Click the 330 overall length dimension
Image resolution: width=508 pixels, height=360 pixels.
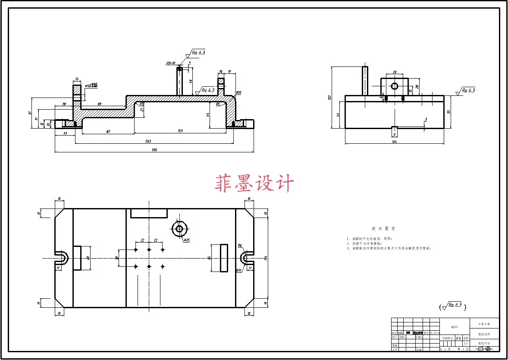[154, 150]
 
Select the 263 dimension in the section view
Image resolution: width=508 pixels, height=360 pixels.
[148, 141]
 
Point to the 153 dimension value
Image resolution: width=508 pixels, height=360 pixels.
[180, 131]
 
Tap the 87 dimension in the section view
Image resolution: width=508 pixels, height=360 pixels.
[108, 131]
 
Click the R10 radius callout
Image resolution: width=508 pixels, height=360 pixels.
[238, 93]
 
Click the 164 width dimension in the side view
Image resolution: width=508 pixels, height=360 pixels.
[394, 142]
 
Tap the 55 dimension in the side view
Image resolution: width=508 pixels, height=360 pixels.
[449, 111]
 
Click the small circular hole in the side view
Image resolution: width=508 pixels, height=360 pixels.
[394, 86]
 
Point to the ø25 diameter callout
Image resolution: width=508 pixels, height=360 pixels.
[187, 240]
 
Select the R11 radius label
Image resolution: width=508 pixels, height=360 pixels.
[238, 270]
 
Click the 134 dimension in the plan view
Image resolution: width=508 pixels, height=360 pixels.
[266, 258]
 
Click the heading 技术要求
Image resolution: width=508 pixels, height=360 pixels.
[383, 228]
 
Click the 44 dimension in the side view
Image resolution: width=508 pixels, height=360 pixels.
[338, 114]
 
